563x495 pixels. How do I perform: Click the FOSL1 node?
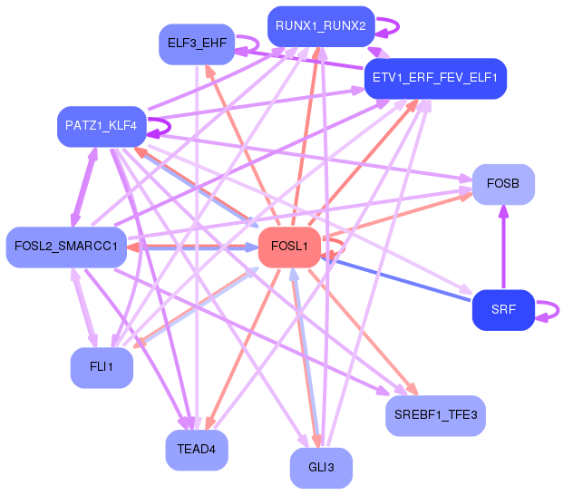tap(289, 247)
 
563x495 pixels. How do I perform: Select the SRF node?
tap(503, 310)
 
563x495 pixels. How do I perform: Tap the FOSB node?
tap(503, 184)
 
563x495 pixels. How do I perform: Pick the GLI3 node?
tap(321, 468)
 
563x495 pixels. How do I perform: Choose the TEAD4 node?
tap(197, 450)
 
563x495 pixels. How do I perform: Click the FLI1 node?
tap(102, 367)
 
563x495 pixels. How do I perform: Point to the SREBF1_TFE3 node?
tap(435, 415)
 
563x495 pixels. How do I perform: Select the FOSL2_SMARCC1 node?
tap(66, 247)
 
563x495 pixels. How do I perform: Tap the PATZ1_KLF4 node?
tap(102, 126)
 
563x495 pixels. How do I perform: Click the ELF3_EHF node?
tap(197, 44)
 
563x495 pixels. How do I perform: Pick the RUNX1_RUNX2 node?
tap(321, 26)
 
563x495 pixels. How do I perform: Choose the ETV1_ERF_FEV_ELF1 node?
tap(435, 78)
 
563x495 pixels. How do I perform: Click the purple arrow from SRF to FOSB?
tap(503, 247)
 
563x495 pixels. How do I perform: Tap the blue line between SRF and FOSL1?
tap(395, 279)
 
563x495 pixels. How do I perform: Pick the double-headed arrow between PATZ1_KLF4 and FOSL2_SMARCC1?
tap(84, 187)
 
